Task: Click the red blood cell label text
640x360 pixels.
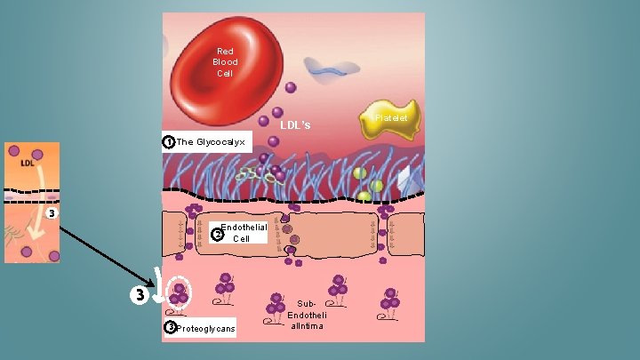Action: coord(225,62)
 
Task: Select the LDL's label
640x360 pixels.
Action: coord(295,125)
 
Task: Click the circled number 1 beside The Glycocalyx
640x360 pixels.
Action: coord(168,142)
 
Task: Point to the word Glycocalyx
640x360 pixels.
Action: coord(220,142)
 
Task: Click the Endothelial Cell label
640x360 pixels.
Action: coord(243,233)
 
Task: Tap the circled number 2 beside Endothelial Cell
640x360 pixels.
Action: coord(217,235)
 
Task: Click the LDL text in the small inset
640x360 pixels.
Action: coord(28,164)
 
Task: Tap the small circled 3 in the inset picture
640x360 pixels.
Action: coord(52,213)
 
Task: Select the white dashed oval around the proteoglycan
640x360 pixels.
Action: coord(179,292)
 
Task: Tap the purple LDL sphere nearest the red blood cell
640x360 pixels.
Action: coord(291,87)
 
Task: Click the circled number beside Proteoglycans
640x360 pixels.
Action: coord(170,327)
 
